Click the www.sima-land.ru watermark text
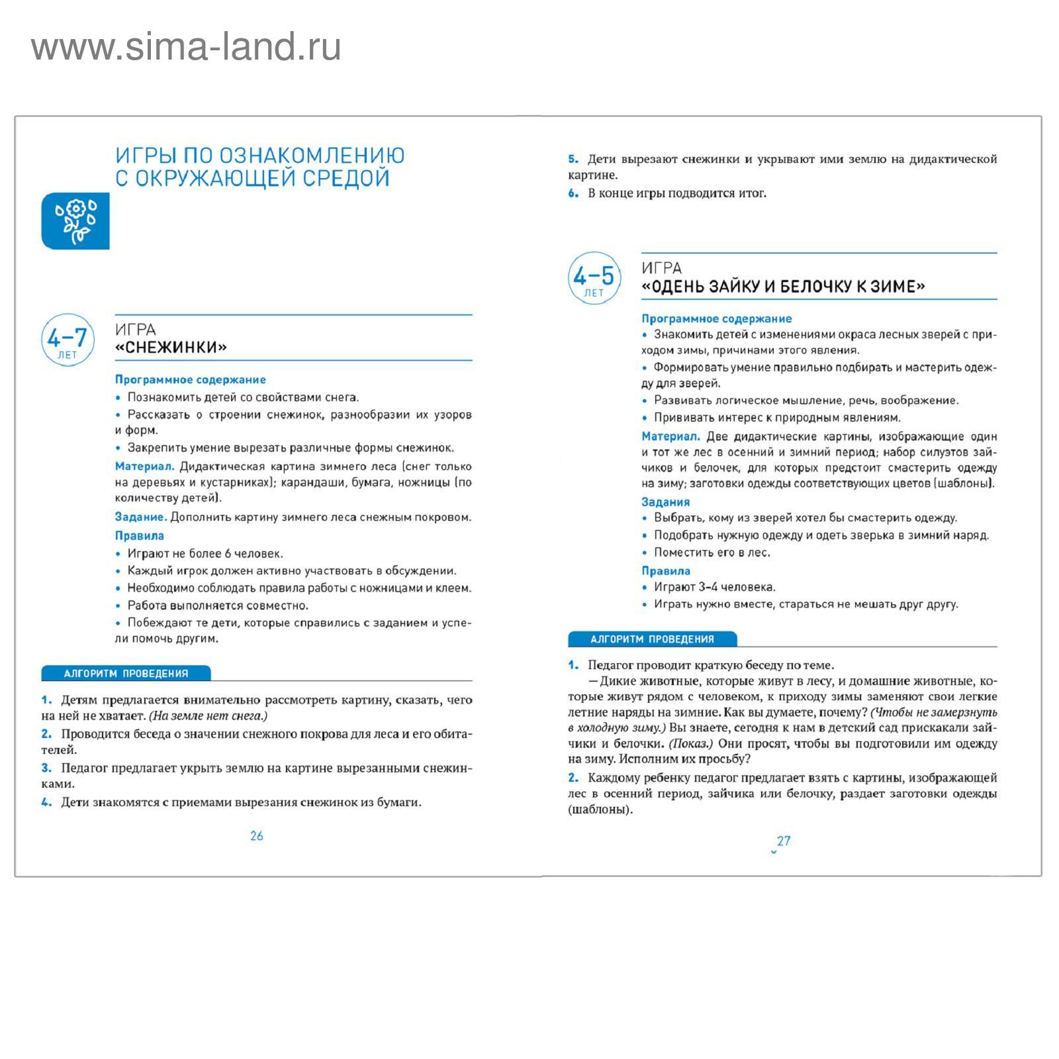pyautogui.click(x=186, y=48)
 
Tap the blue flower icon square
pyautogui.click(x=75, y=221)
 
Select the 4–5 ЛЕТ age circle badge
pyautogui.click(x=594, y=278)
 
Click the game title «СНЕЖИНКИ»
pyautogui.click(x=171, y=347)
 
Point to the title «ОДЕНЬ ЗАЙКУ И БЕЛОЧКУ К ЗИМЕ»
pyautogui.click(x=783, y=287)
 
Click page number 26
pyautogui.click(x=257, y=836)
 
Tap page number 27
pyautogui.click(x=784, y=841)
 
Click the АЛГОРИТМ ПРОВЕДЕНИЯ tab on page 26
pyautogui.click(x=126, y=674)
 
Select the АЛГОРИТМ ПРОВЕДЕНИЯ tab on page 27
pyautogui.click(x=652, y=639)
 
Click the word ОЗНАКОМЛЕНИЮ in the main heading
pyautogui.click(x=312, y=156)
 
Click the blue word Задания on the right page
pyautogui.click(x=665, y=502)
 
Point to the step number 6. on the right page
pyautogui.click(x=573, y=193)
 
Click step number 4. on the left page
pyautogui.click(x=46, y=802)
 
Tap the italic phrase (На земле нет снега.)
pyautogui.click(x=208, y=715)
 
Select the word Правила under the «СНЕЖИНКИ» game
pyautogui.click(x=139, y=535)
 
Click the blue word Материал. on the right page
pyautogui.click(x=670, y=436)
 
